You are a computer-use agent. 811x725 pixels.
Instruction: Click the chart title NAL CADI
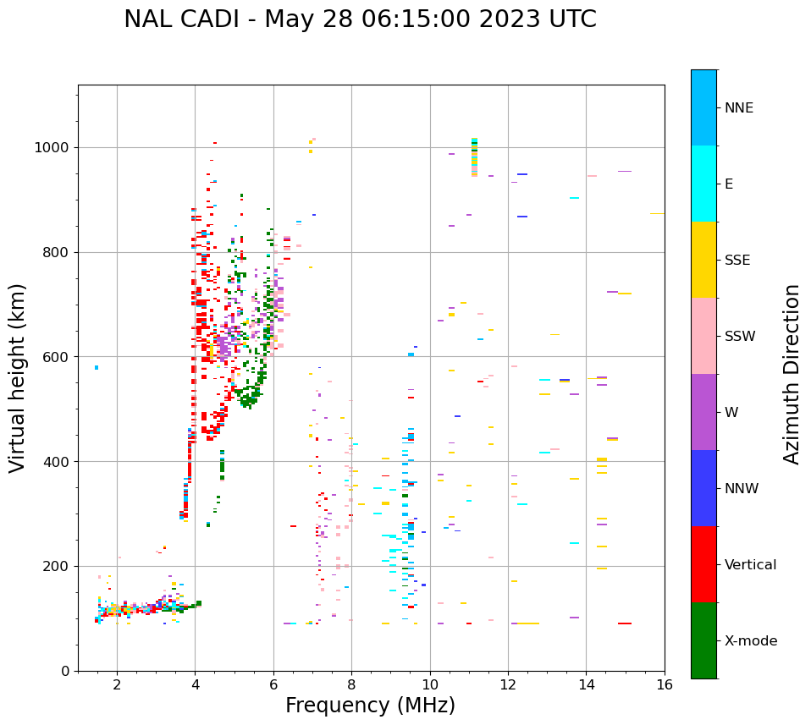tap(360, 19)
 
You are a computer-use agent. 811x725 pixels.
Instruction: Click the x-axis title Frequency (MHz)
tap(370, 706)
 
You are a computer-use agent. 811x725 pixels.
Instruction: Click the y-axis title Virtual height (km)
tap(18, 378)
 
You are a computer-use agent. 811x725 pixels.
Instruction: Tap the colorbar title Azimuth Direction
tap(792, 374)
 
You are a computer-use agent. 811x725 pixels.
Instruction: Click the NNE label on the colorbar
tap(738, 108)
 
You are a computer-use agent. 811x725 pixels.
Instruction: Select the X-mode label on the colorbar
tap(750, 641)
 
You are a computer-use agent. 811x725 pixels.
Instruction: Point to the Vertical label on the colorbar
tap(750, 565)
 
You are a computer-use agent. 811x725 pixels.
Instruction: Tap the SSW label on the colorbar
tap(740, 337)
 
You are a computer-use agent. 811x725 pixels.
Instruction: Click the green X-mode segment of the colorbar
tap(703, 640)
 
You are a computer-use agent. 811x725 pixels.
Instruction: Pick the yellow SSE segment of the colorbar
tap(703, 260)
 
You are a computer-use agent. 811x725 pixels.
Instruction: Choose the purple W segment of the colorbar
tap(703, 412)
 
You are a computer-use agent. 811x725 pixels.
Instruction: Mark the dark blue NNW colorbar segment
tap(703, 488)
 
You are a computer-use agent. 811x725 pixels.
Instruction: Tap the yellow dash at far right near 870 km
tap(657, 214)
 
